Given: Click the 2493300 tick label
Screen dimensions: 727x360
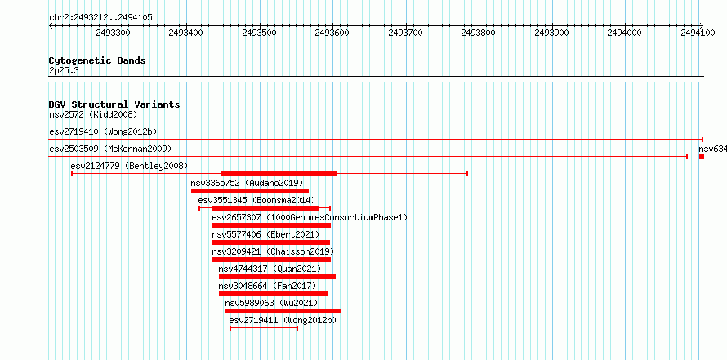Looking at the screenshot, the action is pos(113,33).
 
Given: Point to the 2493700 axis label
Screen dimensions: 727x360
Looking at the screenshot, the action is pos(406,33).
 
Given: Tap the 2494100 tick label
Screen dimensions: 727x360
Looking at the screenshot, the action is pos(698,33).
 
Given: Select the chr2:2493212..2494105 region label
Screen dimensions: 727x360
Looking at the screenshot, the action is pos(100,18).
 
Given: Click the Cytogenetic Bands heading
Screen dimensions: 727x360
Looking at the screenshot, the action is pos(97,60).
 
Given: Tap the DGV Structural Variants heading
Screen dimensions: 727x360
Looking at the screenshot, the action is pos(114,104).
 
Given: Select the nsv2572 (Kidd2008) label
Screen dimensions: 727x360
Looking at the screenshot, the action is pos(93,114).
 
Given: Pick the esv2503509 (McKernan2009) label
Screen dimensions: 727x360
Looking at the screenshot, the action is pos(110,149).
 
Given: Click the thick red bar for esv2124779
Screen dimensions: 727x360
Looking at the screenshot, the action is pos(279,174).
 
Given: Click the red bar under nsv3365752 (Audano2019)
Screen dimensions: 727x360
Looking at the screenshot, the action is pos(250,191).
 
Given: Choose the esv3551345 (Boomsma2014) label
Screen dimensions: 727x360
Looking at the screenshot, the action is pos(259,200).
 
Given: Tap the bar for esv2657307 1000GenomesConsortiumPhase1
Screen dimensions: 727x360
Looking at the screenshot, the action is pos(271,225).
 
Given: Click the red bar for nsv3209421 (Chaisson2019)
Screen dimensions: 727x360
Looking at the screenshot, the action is pos(271,260).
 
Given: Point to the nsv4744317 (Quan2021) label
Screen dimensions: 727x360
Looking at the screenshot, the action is pos(270,269).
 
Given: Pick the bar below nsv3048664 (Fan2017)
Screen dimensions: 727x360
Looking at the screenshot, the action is pos(274,294).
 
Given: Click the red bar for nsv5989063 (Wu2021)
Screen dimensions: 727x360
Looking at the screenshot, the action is pos(283,311).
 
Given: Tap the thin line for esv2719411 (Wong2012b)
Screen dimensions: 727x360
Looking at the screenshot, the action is pos(264,328).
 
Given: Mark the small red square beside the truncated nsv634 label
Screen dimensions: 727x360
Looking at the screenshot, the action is pos(702,157).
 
